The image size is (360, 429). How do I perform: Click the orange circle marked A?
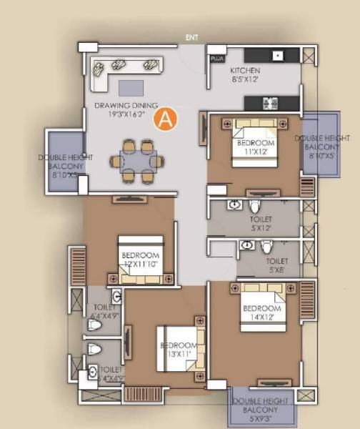[x=166, y=119]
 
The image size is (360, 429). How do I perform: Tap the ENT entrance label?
[x=191, y=37]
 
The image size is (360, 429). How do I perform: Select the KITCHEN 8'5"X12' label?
[x=244, y=76]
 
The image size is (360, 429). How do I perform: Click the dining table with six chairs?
[x=136, y=159]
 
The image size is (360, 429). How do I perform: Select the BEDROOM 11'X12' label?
[x=256, y=147]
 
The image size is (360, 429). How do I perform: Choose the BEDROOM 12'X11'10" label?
[x=139, y=259]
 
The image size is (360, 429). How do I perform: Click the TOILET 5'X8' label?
[x=277, y=266]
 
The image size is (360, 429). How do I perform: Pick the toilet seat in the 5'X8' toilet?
[x=266, y=247]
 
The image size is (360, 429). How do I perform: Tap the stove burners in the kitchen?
[x=271, y=102]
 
